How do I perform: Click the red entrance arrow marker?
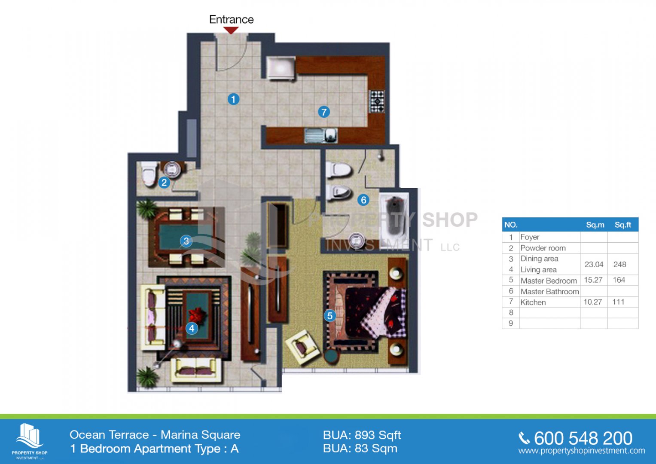click(231, 30)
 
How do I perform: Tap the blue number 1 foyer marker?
click(233, 99)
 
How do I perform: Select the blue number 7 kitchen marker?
click(323, 112)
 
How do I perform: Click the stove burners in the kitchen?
click(377, 101)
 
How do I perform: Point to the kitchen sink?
click(320, 136)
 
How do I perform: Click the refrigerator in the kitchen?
click(281, 68)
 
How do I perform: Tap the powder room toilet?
click(148, 173)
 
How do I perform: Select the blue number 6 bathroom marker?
click(363, 200)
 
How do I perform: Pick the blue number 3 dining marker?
click(186, 241)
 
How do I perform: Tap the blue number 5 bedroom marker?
click(330, 316)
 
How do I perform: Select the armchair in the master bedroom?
click(303, 347)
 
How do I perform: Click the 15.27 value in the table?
click(593, 280)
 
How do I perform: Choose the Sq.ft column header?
click(622, 225)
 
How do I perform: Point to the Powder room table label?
click(543, 248)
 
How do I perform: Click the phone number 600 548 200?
click(583, 439)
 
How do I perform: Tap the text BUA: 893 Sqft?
click(362, 435)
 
